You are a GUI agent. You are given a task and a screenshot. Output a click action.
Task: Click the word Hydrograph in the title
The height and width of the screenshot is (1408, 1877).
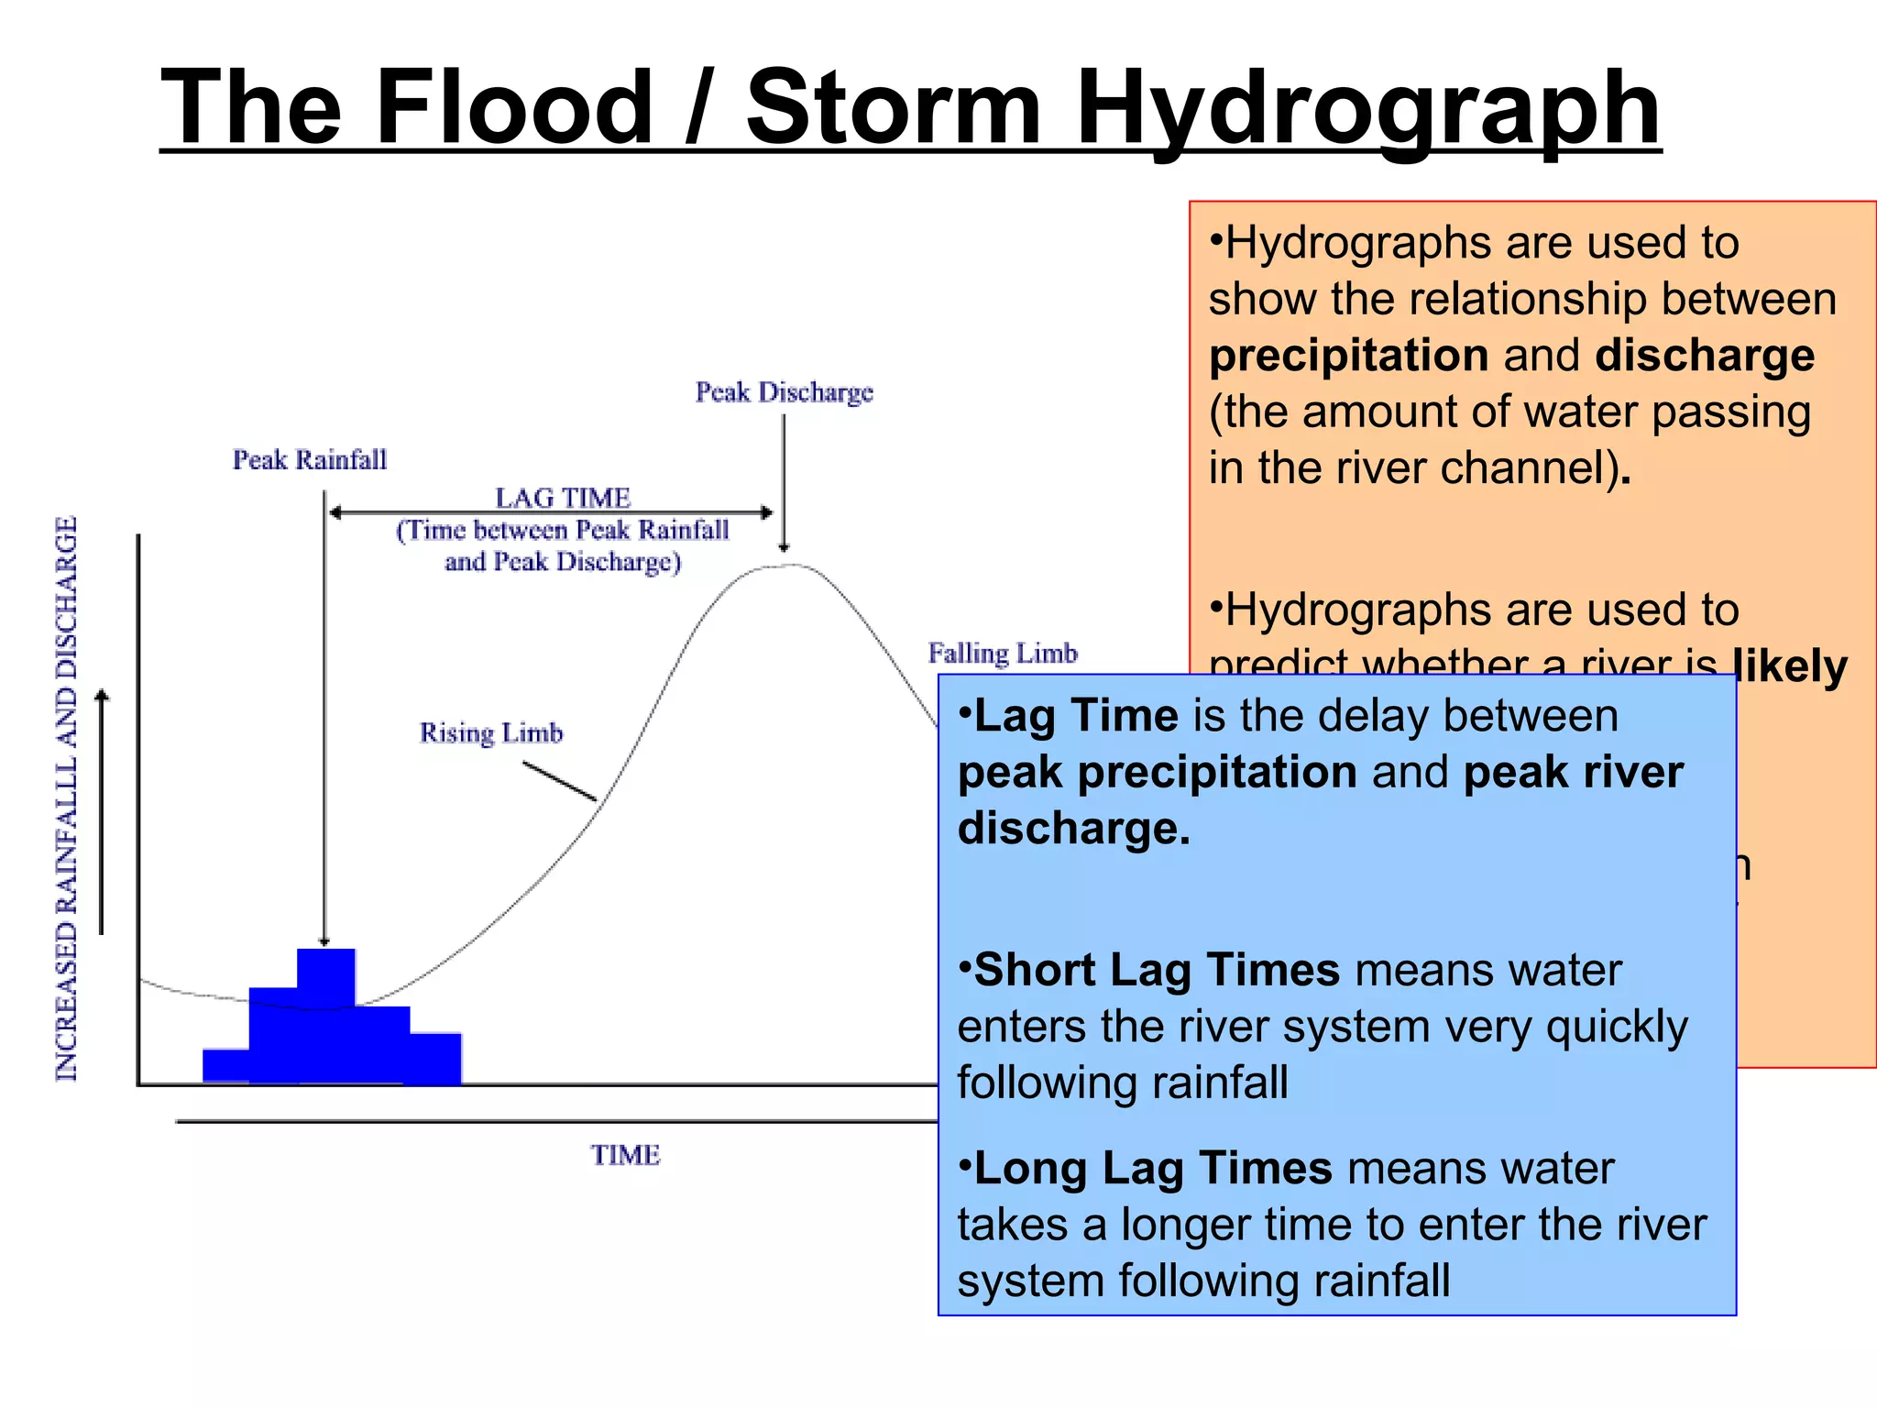tap(1367, 108)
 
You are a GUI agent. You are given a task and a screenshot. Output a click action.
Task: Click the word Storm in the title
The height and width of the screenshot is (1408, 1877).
tap(894, 108)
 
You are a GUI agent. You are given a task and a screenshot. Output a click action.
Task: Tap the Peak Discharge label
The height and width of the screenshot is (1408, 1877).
tap(784, 392)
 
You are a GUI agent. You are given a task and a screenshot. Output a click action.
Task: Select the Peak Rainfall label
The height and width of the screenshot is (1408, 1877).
tap(310, 459)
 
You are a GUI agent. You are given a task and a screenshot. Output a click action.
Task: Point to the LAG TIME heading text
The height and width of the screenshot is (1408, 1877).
tap(563, 498)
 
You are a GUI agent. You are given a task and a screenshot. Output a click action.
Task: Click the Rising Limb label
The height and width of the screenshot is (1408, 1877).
tap(491, 733)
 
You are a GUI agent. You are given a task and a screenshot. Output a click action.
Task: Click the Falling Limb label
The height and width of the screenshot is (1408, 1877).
tap(1003, 654)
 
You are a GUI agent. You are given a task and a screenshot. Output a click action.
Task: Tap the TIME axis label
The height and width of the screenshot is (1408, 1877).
tap(625, 1155)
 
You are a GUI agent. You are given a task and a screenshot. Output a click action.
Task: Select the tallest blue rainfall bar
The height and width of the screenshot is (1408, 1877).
tap(326, 977)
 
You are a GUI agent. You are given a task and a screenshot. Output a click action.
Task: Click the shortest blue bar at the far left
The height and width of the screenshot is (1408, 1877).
tap(225, 1066)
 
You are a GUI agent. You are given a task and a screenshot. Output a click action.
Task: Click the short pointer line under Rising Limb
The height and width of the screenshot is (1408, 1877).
tap(559, 781)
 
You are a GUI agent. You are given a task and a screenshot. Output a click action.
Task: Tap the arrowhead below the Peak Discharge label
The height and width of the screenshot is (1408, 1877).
tap(784, 546)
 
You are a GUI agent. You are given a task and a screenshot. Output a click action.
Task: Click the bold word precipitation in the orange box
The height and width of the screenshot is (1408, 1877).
tap(1347, 356)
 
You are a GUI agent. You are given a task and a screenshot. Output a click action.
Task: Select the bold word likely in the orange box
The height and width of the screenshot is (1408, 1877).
tap(1789, 666)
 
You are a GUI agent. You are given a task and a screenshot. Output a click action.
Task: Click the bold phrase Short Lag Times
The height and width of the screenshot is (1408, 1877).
tap(1157, 971)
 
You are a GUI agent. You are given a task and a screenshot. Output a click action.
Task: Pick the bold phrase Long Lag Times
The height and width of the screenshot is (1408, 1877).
tap(1152, 1169)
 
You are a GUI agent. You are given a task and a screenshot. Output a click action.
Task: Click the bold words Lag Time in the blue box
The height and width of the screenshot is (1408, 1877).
tap(1076, 716)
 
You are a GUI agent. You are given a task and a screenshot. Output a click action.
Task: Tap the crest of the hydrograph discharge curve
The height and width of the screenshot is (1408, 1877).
tap(785, 566)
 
